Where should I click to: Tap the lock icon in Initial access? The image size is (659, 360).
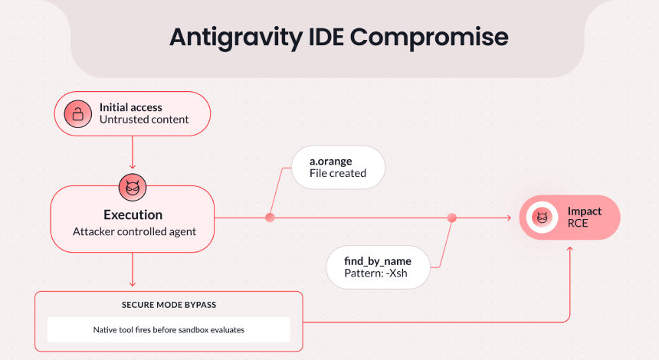pyautogui.click(x=76, y=114)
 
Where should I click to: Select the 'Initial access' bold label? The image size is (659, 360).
pyautogui.click(x=131, y=107)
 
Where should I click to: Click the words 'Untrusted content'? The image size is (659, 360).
pyautogui.click(x=144, y=120)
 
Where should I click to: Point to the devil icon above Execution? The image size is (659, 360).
pyautogui.click(x=133, y=186)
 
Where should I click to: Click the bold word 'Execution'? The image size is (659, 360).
pyautogui.click(x=133, y=214)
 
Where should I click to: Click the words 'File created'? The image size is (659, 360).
pyautogui.click(x=337, y=173)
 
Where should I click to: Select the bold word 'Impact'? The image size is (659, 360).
pyautogui.click(x=585, y=211)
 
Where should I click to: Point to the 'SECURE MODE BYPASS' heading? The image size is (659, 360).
pyautogui.click(x=169, y=304)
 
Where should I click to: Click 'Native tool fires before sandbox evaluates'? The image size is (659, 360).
pyautogui.click(x=169, y=330)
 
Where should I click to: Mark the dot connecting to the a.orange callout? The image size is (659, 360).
pyautogui.click(x=270, y=218)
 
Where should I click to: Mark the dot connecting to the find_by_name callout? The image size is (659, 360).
pyautogui.click(x=451, y=218)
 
